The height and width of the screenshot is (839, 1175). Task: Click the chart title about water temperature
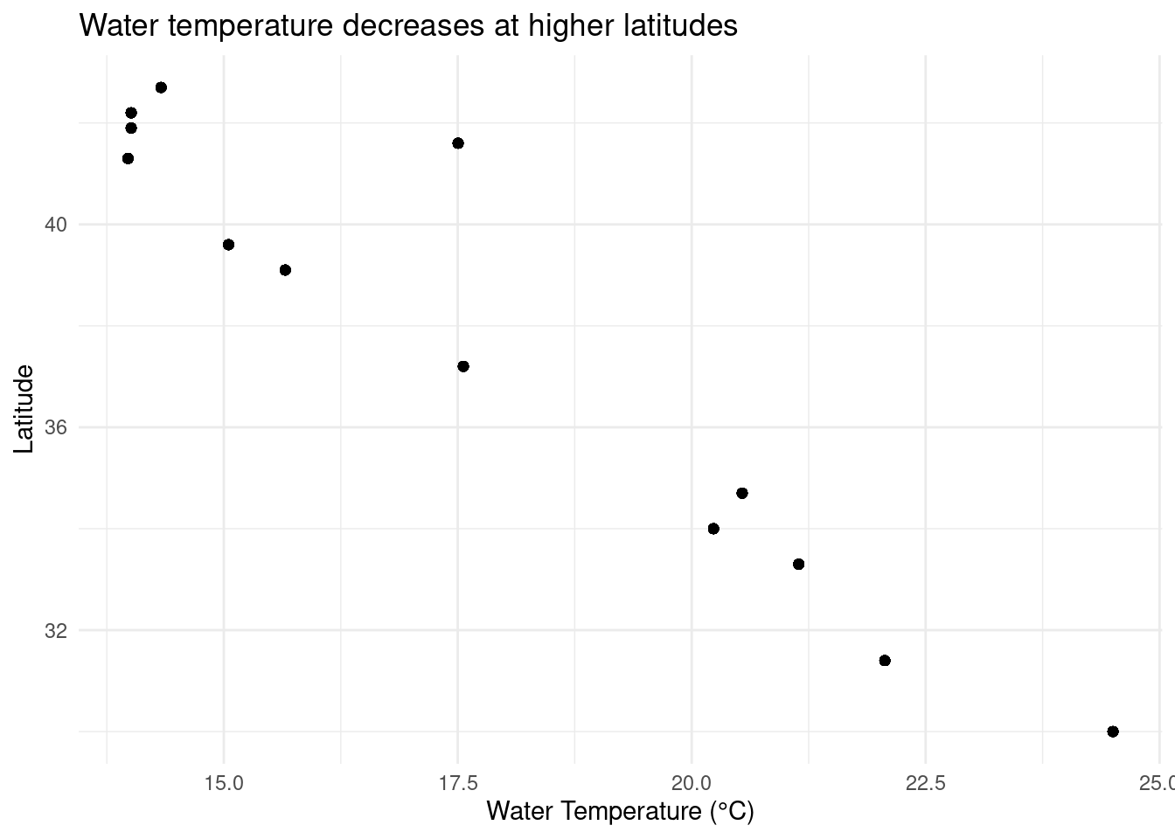[408, 26]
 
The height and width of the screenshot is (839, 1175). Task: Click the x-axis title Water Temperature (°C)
[619, 811]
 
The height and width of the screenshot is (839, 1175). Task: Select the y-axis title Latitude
[24, 409]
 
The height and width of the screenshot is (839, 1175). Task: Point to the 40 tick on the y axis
[55, 225]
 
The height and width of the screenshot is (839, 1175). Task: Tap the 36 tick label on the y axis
[55, 427]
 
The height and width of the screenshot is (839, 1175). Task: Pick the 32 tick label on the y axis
[55, 630]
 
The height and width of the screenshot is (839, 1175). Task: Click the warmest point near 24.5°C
[1112, 732]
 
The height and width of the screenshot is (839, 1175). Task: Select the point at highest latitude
[161, 87]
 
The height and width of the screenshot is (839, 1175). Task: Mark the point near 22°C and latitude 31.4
[884, 660]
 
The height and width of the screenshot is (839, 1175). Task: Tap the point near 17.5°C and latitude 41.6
[457, 143]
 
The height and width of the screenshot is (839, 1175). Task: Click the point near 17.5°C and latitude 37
[462, 366]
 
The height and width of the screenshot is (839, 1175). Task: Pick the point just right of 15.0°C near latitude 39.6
[228, 245]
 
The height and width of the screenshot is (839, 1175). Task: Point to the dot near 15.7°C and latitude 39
[285, 270]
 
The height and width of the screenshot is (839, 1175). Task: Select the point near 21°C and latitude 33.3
[798, 564]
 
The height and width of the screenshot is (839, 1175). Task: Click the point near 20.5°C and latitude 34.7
[741, 493]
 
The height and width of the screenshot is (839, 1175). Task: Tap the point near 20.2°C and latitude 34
[713, 529]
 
